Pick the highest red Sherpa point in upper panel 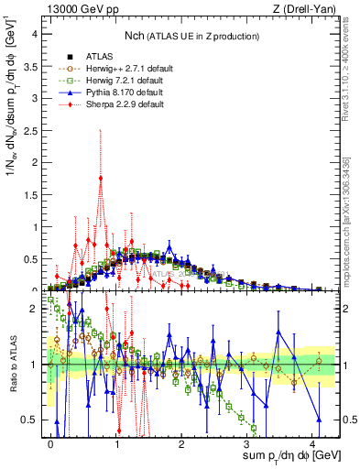[x=100, y=178]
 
